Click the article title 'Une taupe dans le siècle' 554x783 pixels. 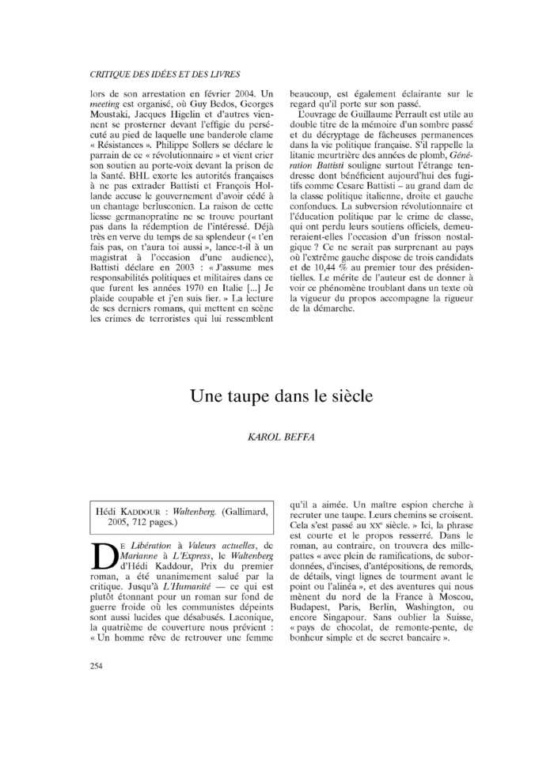[x=281, y=396]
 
